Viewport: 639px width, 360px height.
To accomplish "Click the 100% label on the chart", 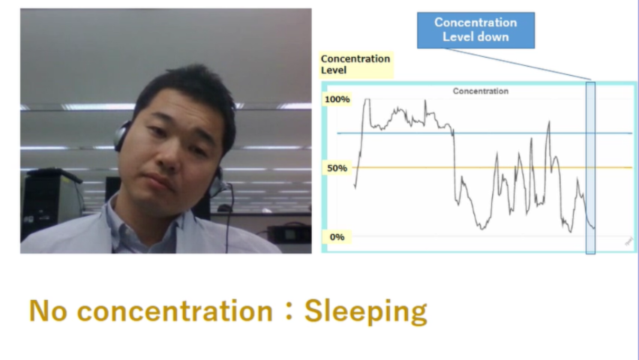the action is [337, 99].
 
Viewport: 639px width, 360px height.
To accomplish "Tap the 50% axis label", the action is [337, 168].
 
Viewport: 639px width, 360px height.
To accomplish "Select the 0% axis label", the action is [337, 237].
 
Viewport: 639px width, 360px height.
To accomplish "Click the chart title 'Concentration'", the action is [481, 91].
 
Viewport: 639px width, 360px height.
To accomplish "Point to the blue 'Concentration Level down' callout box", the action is [475, 30].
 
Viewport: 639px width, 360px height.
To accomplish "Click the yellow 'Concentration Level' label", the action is [355, 64].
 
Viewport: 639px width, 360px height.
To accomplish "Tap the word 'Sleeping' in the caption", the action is [365, 312].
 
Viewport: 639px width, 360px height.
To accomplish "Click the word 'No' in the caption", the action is [48, 311].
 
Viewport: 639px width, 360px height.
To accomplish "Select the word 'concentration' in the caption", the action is [175, 311].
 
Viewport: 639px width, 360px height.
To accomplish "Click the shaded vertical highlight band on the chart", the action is [590, 168].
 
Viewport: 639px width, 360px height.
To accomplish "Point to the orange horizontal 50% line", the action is [492, 167].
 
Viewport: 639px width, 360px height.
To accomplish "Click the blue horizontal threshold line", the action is [484, 133].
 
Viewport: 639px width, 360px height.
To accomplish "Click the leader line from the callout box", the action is [517, 64].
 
